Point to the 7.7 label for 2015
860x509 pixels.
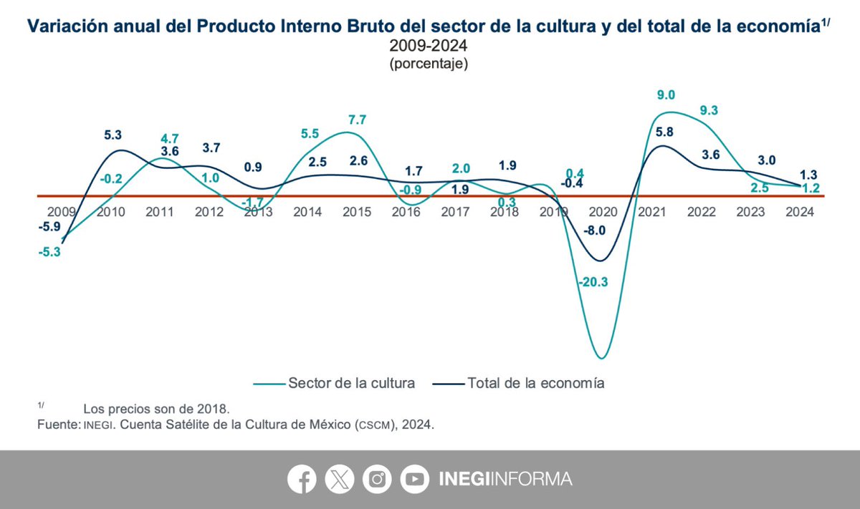358,119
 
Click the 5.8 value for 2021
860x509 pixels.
664,132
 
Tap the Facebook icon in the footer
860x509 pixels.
302,479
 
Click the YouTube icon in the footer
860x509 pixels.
414,479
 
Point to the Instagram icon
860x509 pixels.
377,479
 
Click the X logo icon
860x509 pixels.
339,479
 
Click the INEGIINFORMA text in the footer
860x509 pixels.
505,479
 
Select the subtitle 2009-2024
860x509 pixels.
429,47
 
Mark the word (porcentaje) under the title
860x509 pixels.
429,64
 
